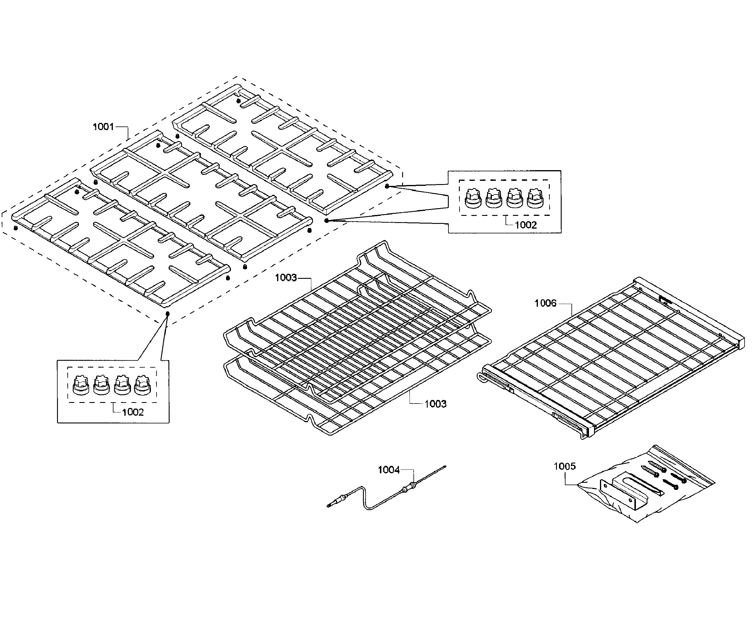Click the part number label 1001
(103, 127)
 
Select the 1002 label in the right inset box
(526, 225)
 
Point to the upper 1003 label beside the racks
(286, 278)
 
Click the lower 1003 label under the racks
(435, 404)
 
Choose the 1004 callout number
(388, 470)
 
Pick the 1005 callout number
(565, 466)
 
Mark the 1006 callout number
(545, 303)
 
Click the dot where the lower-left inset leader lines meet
(168, 314)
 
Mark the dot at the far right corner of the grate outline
(387, 186)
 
